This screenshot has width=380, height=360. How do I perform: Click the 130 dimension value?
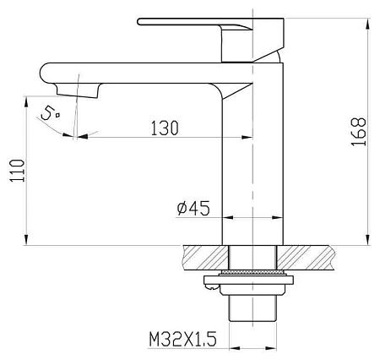point(165,128)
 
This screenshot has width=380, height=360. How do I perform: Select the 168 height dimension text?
point(359,132)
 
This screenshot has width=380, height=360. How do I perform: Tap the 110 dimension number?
point(17,171)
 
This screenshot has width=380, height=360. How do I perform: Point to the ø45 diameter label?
point(193,208)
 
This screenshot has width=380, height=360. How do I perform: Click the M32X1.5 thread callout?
point(183,339)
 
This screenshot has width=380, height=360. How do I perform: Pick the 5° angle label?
point(50,113)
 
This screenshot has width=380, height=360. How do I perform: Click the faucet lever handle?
point(210,40)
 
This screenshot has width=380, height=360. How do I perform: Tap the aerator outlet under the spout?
point(78,90)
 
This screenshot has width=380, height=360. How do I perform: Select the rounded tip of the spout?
point(45,73)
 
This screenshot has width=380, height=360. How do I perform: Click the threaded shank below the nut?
point(252,308)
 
